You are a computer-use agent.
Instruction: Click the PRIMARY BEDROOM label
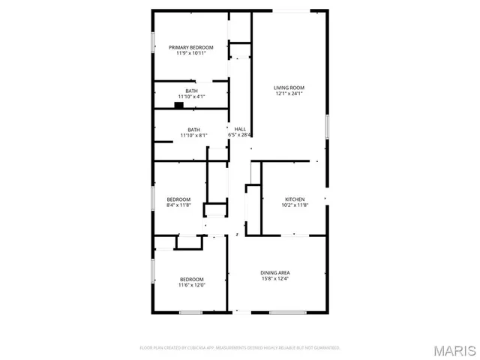[x=190, y=47]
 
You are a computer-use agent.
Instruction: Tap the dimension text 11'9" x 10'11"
[x=190, y=53]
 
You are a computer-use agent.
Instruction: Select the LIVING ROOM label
[x=289, y=88]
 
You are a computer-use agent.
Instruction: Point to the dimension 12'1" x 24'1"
[x=289, y=94]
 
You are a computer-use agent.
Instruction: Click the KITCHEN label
[x=295, y=199]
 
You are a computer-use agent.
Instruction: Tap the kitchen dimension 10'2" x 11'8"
[x=295, y=205]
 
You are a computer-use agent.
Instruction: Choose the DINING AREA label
[x=275, y=272]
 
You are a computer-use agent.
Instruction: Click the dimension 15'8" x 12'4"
[x=275, y=278]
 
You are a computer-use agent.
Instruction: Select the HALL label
[x=240, y=129]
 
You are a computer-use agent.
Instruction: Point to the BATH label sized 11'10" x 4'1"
[x=193, y=91]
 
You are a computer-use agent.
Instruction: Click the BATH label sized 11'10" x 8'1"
[x=193, y=129]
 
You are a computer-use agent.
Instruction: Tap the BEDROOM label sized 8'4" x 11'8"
[x=178, y=199]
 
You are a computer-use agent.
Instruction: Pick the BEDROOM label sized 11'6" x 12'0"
[x=191, y=279]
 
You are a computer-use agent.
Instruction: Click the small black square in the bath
[x=178, y=106]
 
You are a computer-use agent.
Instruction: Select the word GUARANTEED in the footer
[x=325, y=348]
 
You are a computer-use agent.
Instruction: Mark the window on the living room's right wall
[x=327, y=125]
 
